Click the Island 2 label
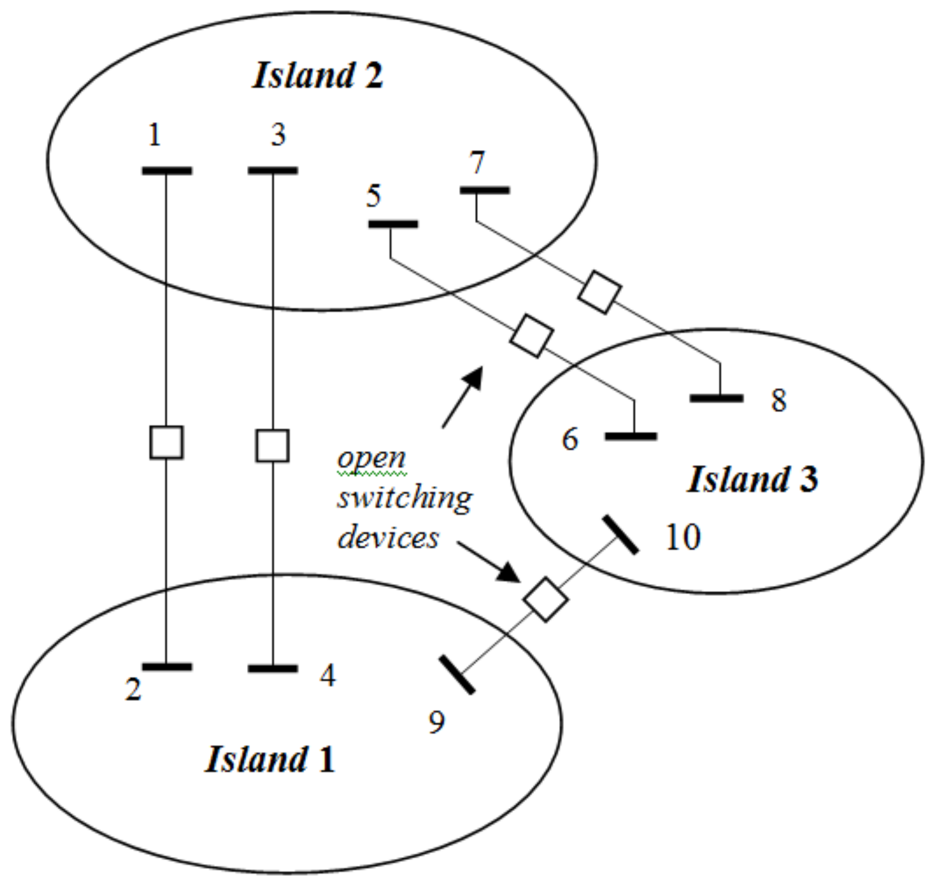point(318,76)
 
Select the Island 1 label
point(270,759)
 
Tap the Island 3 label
point(753,480)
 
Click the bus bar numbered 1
point(167,171)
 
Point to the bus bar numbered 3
point(273,171)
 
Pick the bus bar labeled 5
point(393,224)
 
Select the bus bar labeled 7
point(485,191)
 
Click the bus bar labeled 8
point(717,398)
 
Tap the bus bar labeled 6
point(631,437)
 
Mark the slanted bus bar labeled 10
point(621,535)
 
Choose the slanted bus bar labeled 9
point(457,675)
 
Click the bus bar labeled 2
point(167,667)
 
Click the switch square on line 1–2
point(167,443)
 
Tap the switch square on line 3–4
point(273,446)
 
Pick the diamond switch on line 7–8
point(599,292)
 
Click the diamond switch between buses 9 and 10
point(545,599)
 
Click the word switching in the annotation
point(405,498)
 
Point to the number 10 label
point(683,537)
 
